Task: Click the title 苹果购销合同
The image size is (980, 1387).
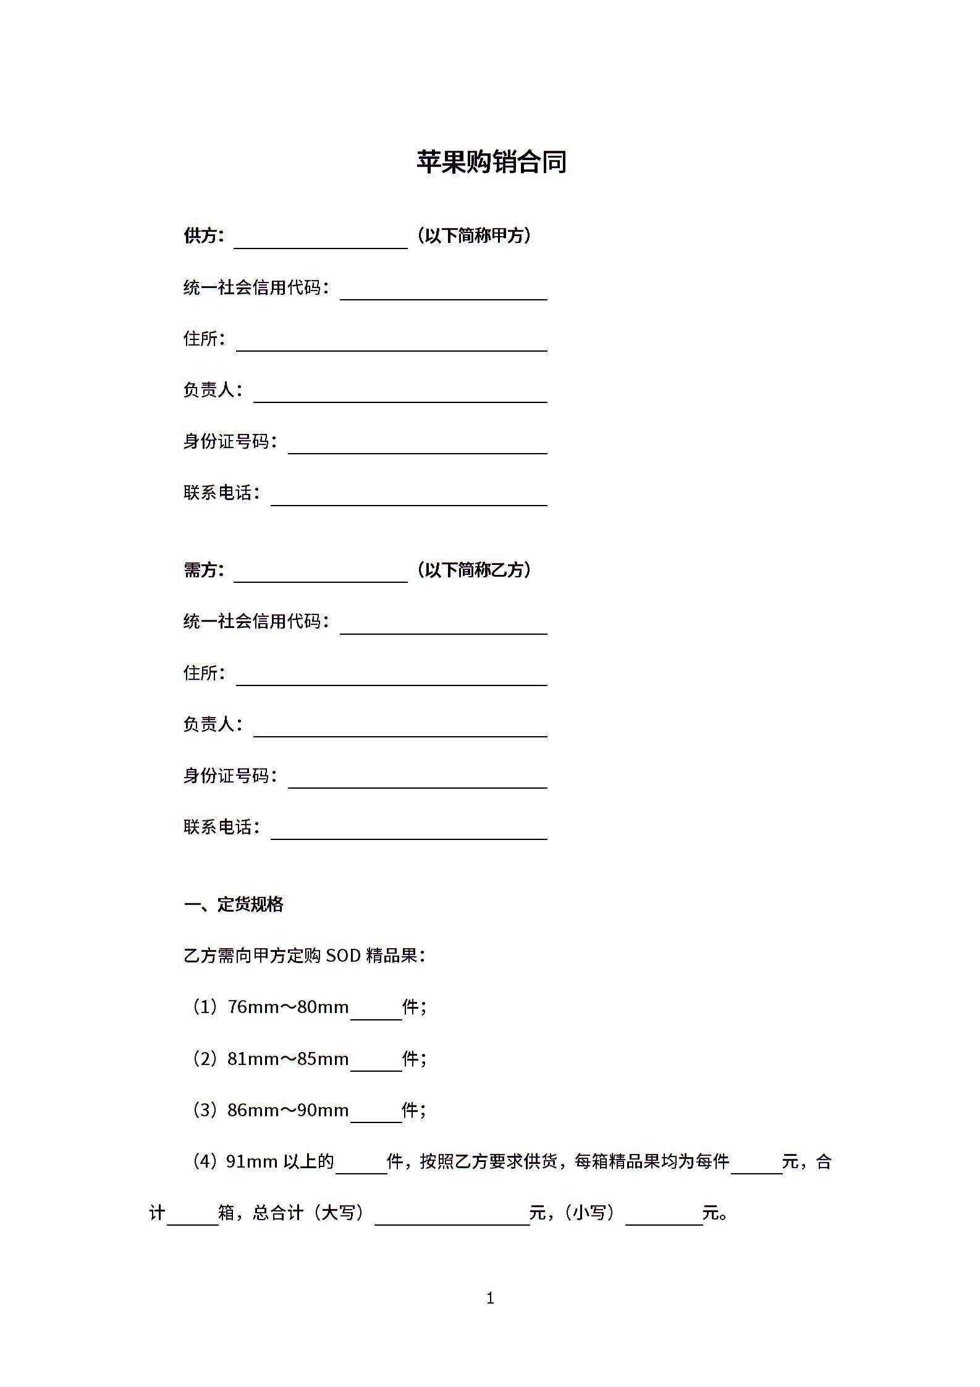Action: click(x=491, y=162)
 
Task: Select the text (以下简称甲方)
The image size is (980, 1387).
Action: click(x=474, y=235)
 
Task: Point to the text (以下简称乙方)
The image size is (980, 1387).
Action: click(x=474, y=569)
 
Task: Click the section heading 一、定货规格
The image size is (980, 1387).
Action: click(x=234, y=904)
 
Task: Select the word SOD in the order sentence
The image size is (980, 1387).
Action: click(x=343, y=956)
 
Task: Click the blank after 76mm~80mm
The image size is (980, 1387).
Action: click(x=376, y=1009)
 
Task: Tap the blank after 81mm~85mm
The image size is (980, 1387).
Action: click(x=376, y=1061)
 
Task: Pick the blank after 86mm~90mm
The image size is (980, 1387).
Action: click(x=376, y=1112)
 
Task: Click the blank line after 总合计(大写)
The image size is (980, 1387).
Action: click(x=452, y=1215)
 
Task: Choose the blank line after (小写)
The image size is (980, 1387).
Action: click(x=664, y=1215)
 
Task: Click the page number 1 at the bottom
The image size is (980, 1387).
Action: click(x=490, y=1299)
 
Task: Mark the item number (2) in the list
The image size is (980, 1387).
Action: click(x=205, y=1059)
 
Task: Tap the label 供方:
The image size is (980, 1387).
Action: click(x=203, y=235)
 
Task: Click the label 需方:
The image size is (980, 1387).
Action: click(x=203, y=569)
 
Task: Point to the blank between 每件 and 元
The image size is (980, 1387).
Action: click(x=756, y=1164)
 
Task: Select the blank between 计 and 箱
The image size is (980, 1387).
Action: click(x=192, y=1215)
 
